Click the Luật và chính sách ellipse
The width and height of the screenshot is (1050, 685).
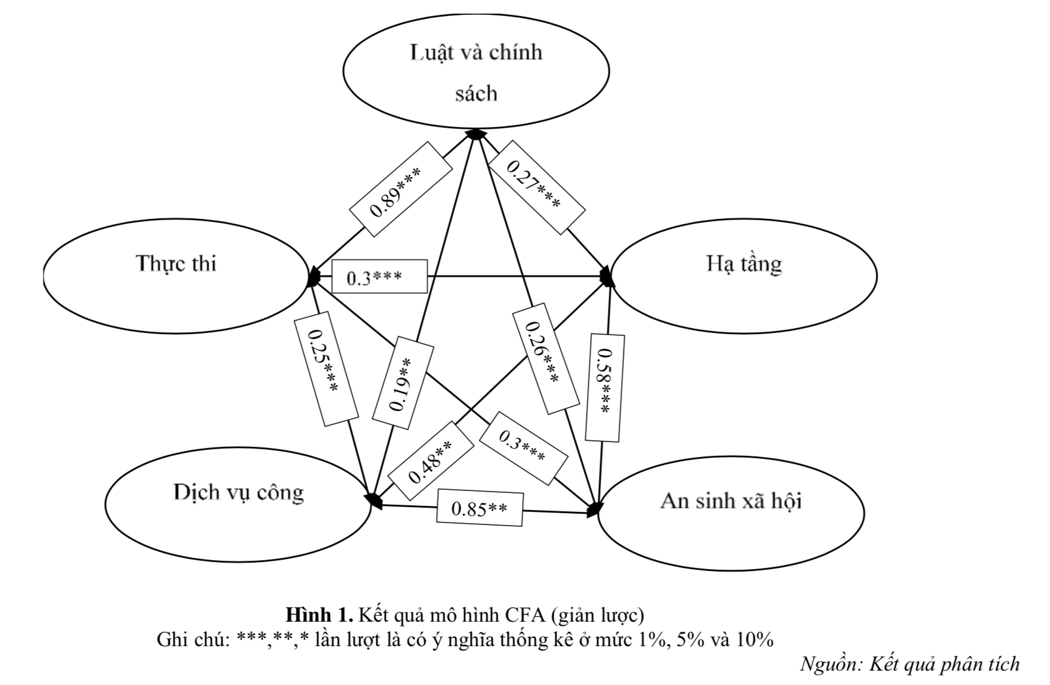click(476, 72)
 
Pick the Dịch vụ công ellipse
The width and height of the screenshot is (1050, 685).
click(238, 504)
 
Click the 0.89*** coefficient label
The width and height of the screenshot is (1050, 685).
click(399, 189)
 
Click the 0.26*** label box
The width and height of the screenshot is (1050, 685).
click(544, 359)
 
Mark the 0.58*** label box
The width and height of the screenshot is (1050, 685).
click(604, 388)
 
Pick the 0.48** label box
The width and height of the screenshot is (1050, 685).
click(431, 461)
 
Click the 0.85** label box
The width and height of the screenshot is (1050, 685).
click(480, 509)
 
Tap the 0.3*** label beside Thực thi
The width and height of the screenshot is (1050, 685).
click(379, 277)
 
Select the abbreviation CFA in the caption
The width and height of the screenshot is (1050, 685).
click(525, 615)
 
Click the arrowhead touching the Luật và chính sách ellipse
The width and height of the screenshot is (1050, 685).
click(475, 134)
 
